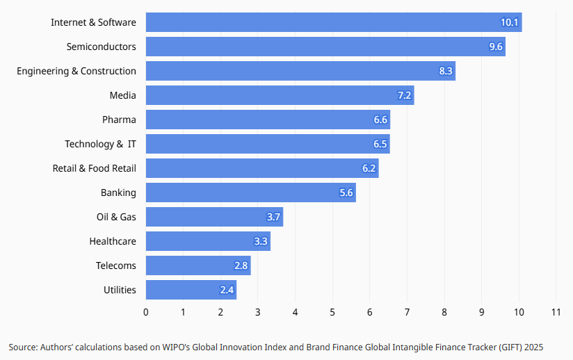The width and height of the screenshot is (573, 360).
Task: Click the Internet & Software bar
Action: pos(334,22)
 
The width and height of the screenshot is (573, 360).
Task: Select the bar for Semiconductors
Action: pos(325,47)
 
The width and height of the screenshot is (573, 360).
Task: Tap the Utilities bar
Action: pos(191,290)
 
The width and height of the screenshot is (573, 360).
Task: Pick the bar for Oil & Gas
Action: pos(214,217)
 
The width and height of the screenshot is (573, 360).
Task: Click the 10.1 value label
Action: pos(510,22)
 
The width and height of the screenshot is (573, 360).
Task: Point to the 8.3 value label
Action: pos(446,71)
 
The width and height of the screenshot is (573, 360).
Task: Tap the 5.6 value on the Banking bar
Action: pos(346,193)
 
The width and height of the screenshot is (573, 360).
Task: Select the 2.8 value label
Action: pos(241,265)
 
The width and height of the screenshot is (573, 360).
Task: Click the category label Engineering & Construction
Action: pos(76,71)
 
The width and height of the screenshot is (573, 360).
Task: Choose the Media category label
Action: pos(123,95)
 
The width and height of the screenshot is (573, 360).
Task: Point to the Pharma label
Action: pos(119,120)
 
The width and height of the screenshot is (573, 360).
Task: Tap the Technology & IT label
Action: pos(101,145)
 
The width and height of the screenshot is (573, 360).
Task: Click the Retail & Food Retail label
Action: pos(95,168)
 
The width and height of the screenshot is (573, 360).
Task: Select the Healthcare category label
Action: pos(113,241)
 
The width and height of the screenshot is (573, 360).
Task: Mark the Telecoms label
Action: pos(116,265)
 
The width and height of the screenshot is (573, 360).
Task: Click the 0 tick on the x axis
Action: pos(146,312)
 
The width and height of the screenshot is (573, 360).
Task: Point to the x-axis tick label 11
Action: pos(556,312)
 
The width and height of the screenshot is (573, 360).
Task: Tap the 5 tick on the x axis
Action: pos(332,312)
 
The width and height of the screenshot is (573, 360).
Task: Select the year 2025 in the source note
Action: pos(534,347)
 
